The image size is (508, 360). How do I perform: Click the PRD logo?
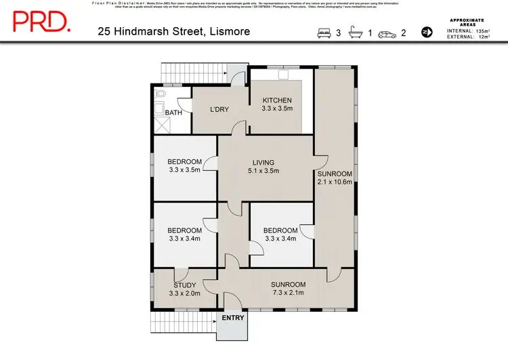click(41, 21)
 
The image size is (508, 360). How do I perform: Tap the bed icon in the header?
click(324, 32)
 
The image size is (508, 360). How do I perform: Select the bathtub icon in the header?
click(356, 32)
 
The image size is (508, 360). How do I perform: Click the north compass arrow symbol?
click(427, 32)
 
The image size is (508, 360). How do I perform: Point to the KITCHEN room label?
click(277, 100)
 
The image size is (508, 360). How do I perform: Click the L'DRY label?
click(219, 110)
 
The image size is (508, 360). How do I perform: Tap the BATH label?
click(173, 113)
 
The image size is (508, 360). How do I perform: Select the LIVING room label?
click(263, 162)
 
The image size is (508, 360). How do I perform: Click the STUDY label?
click(184, 285)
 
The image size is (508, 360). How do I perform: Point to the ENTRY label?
click(233, 318)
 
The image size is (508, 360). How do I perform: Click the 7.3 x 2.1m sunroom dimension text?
click(289, 294)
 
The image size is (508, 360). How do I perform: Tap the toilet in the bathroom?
click(161, 94)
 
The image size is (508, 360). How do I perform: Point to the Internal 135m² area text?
click(468, 31)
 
